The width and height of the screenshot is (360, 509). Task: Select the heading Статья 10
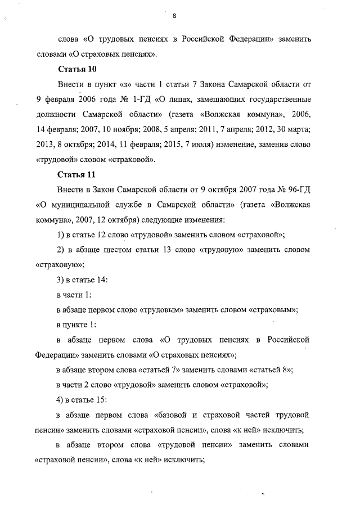click(x=78, y=69)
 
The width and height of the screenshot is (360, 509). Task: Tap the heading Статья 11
click(x=78, y=174)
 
